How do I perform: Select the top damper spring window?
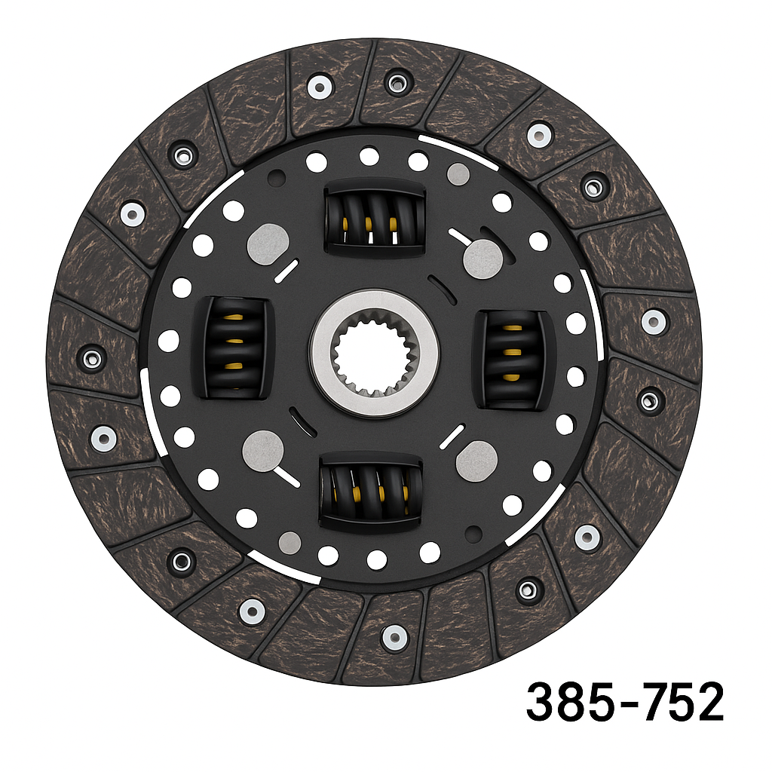pos(374,218)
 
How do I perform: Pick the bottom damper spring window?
pos(371,491)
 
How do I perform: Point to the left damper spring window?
pos(233,347)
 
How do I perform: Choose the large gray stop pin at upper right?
pos(482,259)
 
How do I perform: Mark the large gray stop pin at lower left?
pos(262,450)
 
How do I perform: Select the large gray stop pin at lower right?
pos(476,458)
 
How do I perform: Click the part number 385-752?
pos(624,701)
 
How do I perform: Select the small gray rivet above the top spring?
pos(458,174)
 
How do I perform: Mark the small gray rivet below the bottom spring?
pos(289,541)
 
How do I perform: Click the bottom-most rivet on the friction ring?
pos(394,637)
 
